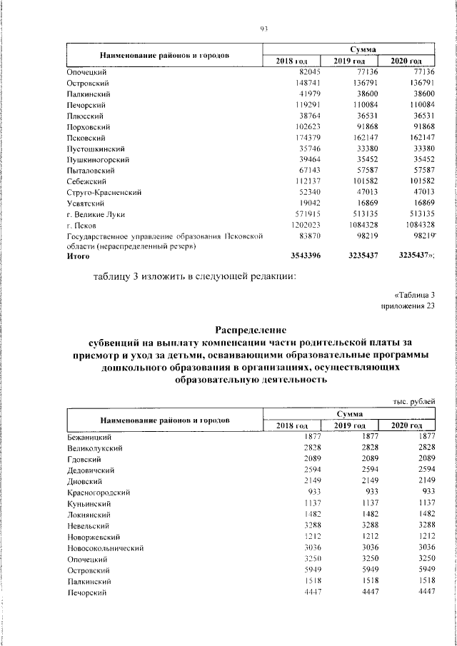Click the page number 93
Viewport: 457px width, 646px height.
coord(263,28)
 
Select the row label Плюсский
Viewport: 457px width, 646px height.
coord(85,115)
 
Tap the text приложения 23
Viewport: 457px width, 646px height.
coord(409,306)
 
